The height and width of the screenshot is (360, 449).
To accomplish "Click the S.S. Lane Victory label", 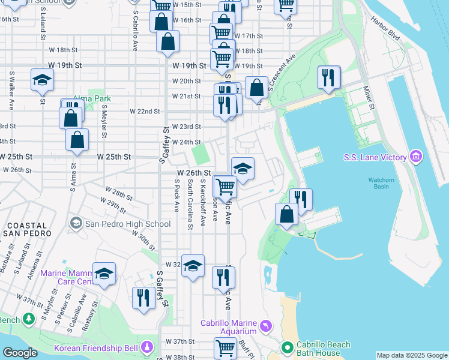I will click(375, 157).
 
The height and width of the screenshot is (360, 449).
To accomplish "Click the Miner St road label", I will click(368, 98).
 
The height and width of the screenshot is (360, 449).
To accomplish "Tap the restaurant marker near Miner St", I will click(328, 77).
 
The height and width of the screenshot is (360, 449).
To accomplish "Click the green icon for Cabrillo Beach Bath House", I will click(289, 347).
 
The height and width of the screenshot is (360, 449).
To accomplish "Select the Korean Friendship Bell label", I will click(96, 348).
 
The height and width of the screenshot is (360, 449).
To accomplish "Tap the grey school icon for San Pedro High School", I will click(76, 224).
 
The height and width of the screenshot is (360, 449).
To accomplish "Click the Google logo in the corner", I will click(20, 353).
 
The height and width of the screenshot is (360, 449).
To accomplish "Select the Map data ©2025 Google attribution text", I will click(411, 355).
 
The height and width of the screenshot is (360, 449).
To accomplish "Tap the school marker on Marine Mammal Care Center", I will click(104, 274).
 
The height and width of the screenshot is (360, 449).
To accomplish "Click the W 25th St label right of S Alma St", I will click(114, 157).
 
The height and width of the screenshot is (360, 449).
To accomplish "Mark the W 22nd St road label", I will click(145, 111).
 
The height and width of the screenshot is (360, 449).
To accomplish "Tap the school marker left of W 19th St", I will click(42, 80).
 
